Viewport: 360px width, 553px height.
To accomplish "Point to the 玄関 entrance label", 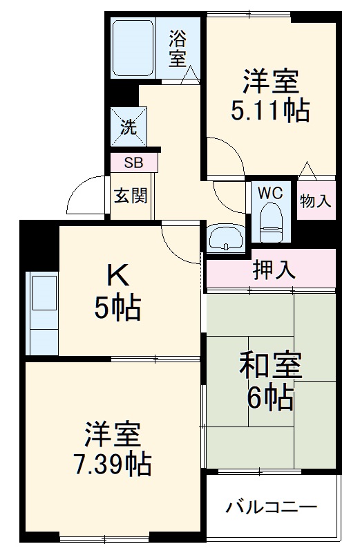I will pos(130,196).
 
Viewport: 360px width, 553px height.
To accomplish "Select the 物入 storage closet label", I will pos(315,200).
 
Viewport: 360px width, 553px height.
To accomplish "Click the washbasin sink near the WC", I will pos(225,238).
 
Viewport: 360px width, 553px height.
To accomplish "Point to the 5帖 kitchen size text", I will pos(117,308).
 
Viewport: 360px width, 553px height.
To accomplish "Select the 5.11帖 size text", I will pos(270,111).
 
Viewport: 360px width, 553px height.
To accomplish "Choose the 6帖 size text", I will pos(270,397).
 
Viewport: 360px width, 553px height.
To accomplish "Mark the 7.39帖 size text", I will pos(113,465).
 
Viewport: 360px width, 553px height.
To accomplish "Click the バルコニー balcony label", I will pos(272,508).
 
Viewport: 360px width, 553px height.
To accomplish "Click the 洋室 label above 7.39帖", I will pos(113,434).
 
